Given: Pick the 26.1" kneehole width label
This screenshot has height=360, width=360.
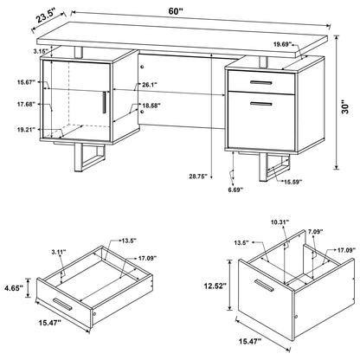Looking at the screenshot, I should click(148, 85).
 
